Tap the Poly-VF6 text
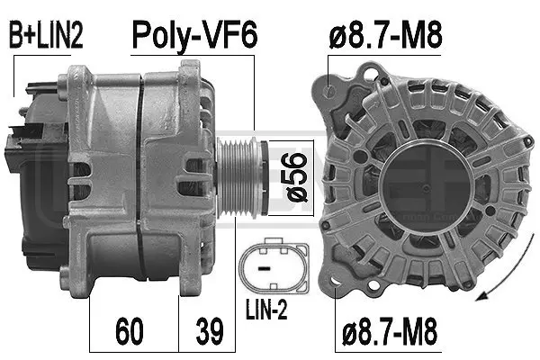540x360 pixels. coord(195,36)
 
